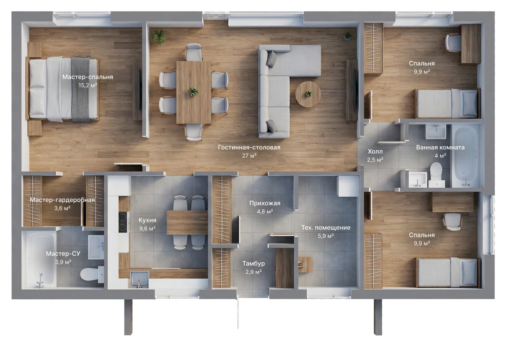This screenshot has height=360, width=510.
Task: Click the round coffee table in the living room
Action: (x=308, y=94)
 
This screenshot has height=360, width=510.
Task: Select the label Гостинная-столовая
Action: (x=249, y=147)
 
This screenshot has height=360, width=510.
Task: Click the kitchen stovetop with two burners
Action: (x=123, y=222)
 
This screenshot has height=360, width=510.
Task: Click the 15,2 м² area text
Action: (x=87, y=85)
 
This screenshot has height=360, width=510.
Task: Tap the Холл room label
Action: (x=375, y=151)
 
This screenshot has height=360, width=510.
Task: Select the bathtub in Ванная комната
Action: (x=465, y=156)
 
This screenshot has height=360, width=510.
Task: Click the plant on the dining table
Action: (x=193, y=92)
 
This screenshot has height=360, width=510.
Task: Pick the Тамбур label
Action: (x=253, y=264)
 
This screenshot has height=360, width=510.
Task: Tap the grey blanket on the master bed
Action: (x=80, y=89)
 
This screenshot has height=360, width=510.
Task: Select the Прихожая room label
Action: (x=265, y=203)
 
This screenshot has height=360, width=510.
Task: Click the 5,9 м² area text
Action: (x=326, y=236)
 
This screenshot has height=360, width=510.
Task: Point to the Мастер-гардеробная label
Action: (x=62, y=200)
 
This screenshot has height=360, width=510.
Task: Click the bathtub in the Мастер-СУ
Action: (x=41, y=259)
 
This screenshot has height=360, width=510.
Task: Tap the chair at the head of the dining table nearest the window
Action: (x=193, y=52)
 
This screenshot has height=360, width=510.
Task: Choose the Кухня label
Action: (x=147, y=220)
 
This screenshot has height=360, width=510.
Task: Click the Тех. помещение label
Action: (x=326, y=227)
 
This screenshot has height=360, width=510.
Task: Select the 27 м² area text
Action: (x=249, y=156)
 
